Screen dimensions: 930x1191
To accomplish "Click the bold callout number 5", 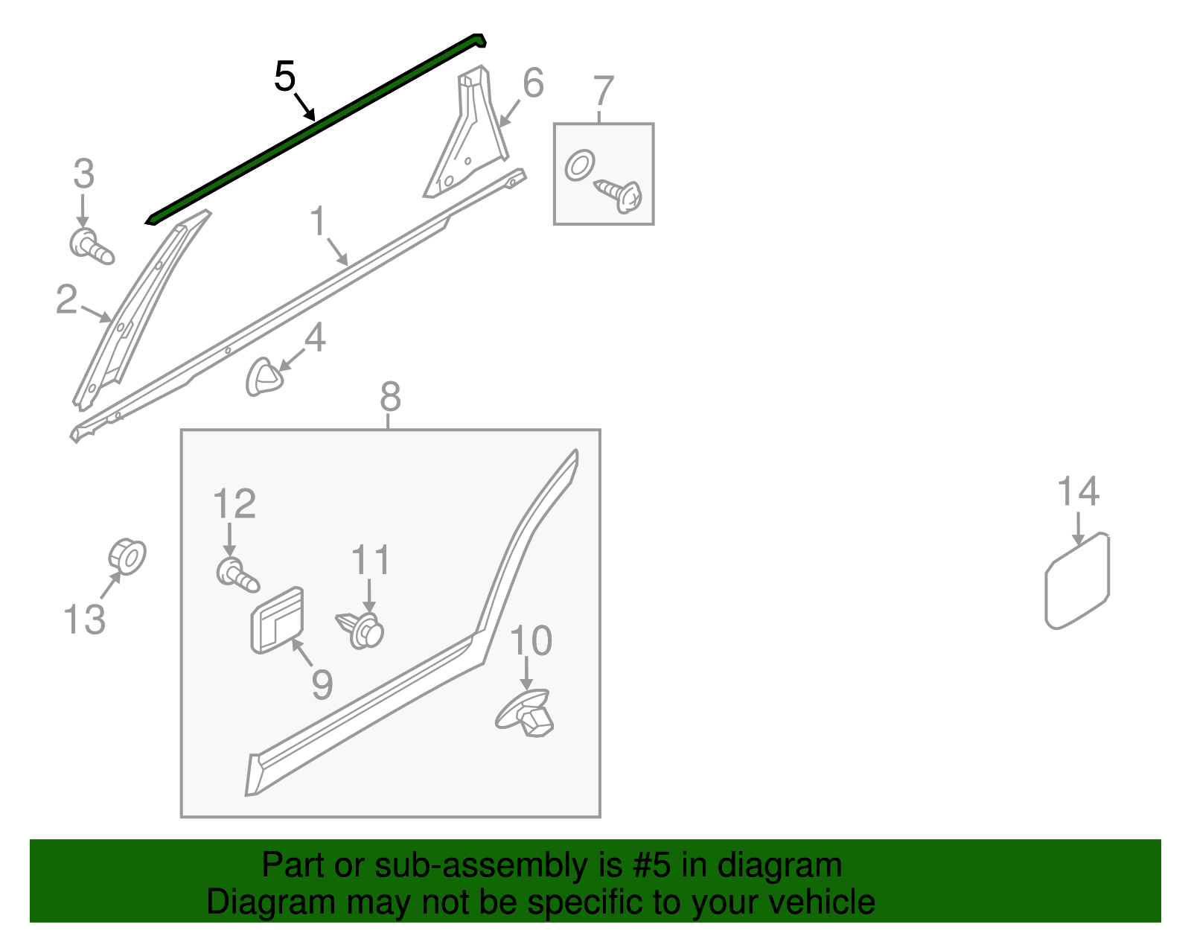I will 285,77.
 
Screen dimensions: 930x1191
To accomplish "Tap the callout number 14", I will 1078,492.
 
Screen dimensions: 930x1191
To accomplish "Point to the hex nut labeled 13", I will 127,555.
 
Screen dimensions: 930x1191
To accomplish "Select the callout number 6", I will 533,83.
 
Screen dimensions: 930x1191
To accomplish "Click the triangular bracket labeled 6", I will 465,141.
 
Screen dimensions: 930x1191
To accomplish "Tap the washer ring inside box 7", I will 580,165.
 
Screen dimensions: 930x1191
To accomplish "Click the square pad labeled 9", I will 278,620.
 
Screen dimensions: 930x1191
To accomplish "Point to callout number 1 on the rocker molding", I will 319,222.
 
